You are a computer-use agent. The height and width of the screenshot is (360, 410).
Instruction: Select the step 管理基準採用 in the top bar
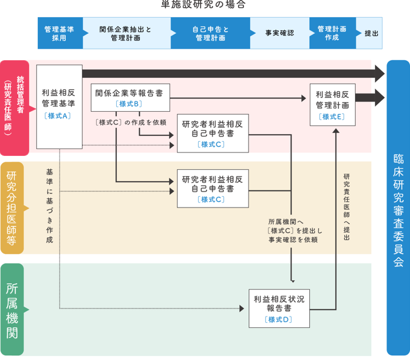coord(60,33)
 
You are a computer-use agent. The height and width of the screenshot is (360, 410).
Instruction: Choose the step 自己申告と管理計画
coord(210,33)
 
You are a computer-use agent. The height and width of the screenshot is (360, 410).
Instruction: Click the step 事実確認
coord(279,33)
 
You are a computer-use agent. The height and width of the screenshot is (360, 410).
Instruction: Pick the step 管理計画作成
coord(332,33)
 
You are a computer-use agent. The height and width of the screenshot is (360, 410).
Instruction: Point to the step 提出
coord(372,33)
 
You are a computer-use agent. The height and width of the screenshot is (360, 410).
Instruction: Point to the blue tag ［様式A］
coord(58,115)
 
